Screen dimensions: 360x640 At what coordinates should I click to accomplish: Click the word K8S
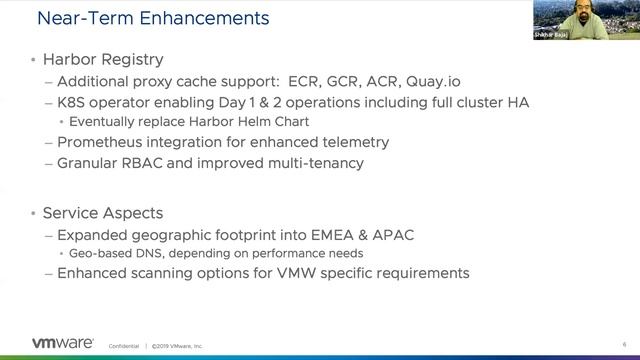pyautogui.click(x=75, y=101)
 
